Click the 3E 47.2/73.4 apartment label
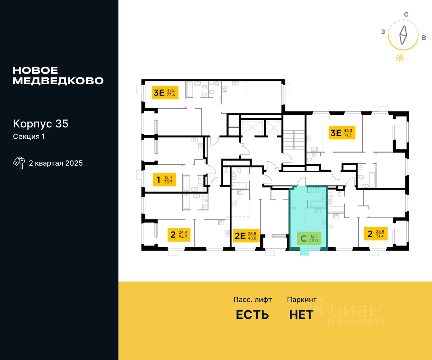point(165,93)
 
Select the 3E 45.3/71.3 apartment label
point(342,132)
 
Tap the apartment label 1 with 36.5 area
point(164,180)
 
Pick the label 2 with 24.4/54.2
point(179,235)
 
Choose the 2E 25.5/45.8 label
point(246,236)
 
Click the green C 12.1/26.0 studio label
point(309,238)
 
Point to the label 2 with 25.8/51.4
point(376,234)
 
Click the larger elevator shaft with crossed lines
point(252,128)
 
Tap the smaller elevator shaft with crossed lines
point(274,128)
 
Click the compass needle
point(403,35)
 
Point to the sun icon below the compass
point(400,58)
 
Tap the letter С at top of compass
point(406,14)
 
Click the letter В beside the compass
point(424,38)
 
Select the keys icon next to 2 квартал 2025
point(19,163)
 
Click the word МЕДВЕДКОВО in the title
point(58,81)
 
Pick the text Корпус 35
point(41,124)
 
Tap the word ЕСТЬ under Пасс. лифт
point(252,315)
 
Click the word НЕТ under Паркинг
point(301,315)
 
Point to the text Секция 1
point(29,136)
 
